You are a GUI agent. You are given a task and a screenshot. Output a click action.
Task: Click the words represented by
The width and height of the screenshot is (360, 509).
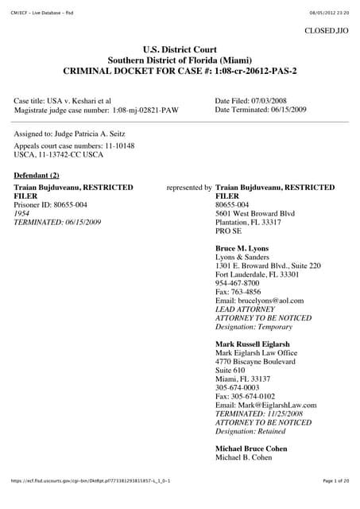point(189,188)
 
